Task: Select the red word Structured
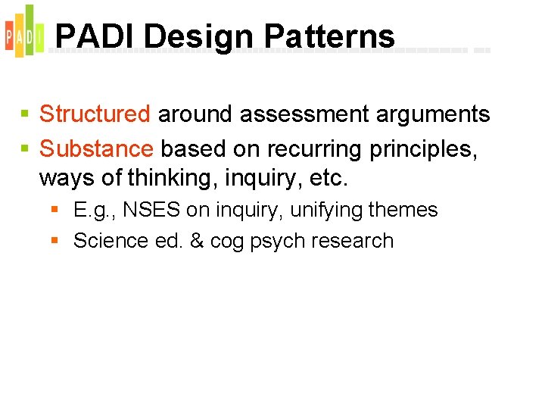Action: [95, 114]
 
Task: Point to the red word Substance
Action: [96, 149]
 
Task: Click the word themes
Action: [404, 210]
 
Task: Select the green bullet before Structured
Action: [25, 115]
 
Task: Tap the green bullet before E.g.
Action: [55, 210]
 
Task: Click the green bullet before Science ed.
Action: [55, 241]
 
